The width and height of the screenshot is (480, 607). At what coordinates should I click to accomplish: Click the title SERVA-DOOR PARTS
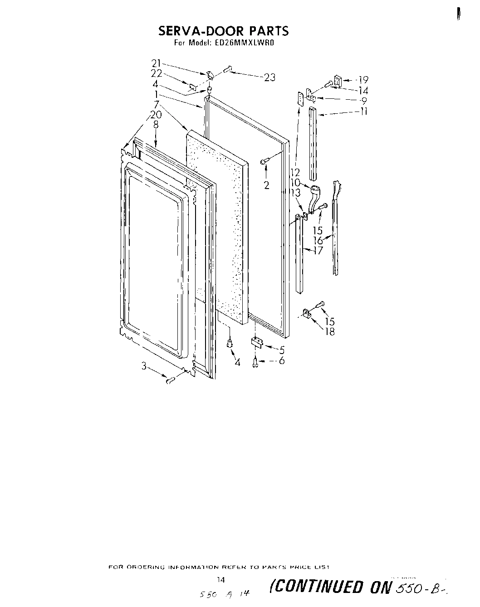click(223, 31)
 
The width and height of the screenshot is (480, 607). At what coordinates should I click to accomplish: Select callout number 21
click(156, 63)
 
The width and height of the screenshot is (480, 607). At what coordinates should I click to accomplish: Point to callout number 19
click(363, 80)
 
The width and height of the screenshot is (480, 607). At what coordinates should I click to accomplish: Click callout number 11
click(363, 111)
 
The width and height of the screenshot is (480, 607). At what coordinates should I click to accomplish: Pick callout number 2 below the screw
click(266, 185)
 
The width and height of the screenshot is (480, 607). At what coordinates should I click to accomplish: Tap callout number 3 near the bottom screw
click(144, 366)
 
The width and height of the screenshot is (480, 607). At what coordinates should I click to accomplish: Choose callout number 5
click(282, 350)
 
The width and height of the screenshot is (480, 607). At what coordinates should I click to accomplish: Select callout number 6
click(282, 361)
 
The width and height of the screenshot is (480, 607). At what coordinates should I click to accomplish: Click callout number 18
click(329, 331)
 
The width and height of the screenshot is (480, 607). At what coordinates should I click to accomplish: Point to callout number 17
click(318, 250)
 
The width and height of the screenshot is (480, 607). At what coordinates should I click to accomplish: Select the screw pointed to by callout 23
click(228, 69)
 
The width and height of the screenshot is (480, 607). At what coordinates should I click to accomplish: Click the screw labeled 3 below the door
click(171, 380)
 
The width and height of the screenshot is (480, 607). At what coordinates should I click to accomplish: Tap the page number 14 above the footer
click(221, 580)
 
